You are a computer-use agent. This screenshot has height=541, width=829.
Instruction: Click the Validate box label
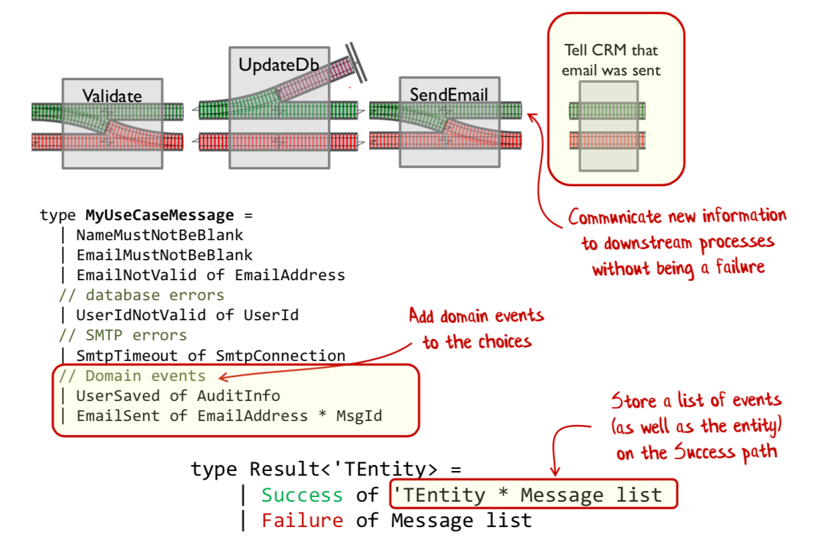pyautogui.click(x=112, y=96)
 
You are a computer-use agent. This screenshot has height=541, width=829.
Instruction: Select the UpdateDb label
pyautogui.click(x=278, y=65)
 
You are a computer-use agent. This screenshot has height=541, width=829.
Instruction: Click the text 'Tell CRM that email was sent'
pyautogui.click(x=611, y=60)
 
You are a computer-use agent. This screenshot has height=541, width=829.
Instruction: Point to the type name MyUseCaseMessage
pyautogui.click(x=160, y=215)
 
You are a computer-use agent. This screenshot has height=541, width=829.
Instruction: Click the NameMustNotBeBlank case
pyautogui.click(x=160, y=235)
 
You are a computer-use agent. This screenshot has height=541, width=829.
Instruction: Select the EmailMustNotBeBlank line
pyautogui.click(x=164, y=255)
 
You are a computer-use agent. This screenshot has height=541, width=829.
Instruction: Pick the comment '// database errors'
pyautogui.click(x=141, y=295)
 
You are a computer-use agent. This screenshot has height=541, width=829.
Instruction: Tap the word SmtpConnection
pyautogui.click(x=280, y=356)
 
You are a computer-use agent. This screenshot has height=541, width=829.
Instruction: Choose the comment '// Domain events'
pyautogui.click(x=131, y=376)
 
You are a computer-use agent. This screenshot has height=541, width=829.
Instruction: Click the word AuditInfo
pyautogui.click(x=238, y=396)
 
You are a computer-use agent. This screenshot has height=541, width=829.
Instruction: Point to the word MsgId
pyautogui.click(x=359, y=416)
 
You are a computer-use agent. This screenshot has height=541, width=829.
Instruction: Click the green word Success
pyautogui.click(x=302, y=496)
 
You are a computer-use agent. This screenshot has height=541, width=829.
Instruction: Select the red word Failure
pyautogui.click(x=302, y=520)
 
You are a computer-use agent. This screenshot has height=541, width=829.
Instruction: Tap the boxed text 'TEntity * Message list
pyautogui.click(x=534, y=495)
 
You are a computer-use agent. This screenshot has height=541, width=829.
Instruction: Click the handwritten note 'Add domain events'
pyautogui.click(x=476, y=316)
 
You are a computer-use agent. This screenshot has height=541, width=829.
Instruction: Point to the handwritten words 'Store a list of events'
pyautogui.click(x=697, y=400)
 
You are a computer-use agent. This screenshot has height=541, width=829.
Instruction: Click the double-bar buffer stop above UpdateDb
pyautogui.click(x=357, y=63)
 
